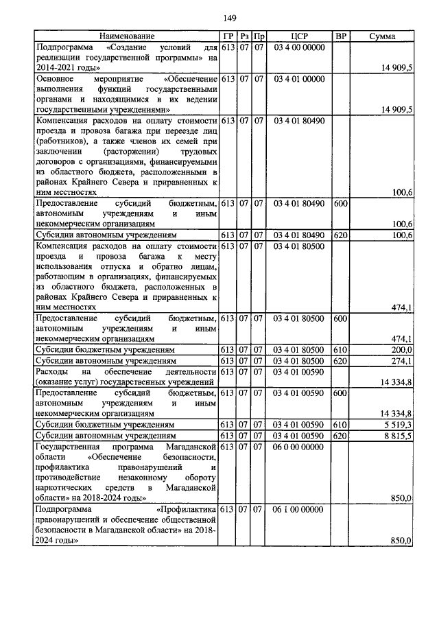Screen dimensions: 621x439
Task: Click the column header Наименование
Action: click(x=127, y=36)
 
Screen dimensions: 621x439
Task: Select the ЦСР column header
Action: click(x=299, y=36)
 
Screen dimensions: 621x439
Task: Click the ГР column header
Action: click(x=228, y=36)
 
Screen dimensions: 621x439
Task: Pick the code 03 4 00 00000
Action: click(x=299, y=47)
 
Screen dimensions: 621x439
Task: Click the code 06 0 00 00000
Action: click(x=299, y=447)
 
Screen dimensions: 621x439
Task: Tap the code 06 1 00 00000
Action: click(x=299, y=510)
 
